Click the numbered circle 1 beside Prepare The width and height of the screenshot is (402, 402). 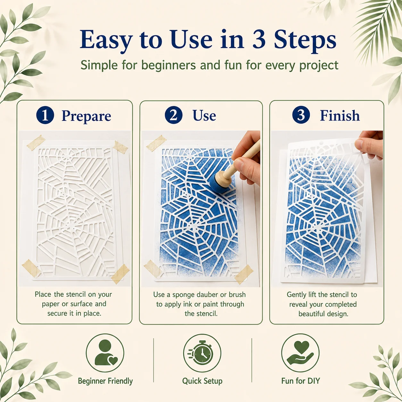click(x=45, y=115)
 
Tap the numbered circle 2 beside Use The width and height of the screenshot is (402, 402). click(x=173, y=115)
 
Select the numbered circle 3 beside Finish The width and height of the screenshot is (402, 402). click(x=301, y=115)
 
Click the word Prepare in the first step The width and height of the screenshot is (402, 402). click(x=86, y=116)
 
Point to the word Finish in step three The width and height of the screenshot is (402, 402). click(x=340, y=115)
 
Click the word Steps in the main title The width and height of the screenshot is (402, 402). click(x=305, y=39)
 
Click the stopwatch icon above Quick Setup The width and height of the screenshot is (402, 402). click(x=202, y=353)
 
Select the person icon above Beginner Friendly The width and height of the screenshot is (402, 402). click(x=105, y=353)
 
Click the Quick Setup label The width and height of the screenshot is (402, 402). click(x=202, y=381)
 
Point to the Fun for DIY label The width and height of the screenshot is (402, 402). click(x=301, y=381)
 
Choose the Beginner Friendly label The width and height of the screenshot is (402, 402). click(x=105, y=381)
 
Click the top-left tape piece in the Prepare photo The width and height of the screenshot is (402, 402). click(x=36, y=143)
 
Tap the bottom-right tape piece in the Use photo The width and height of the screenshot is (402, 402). click(x=244, y=274)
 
